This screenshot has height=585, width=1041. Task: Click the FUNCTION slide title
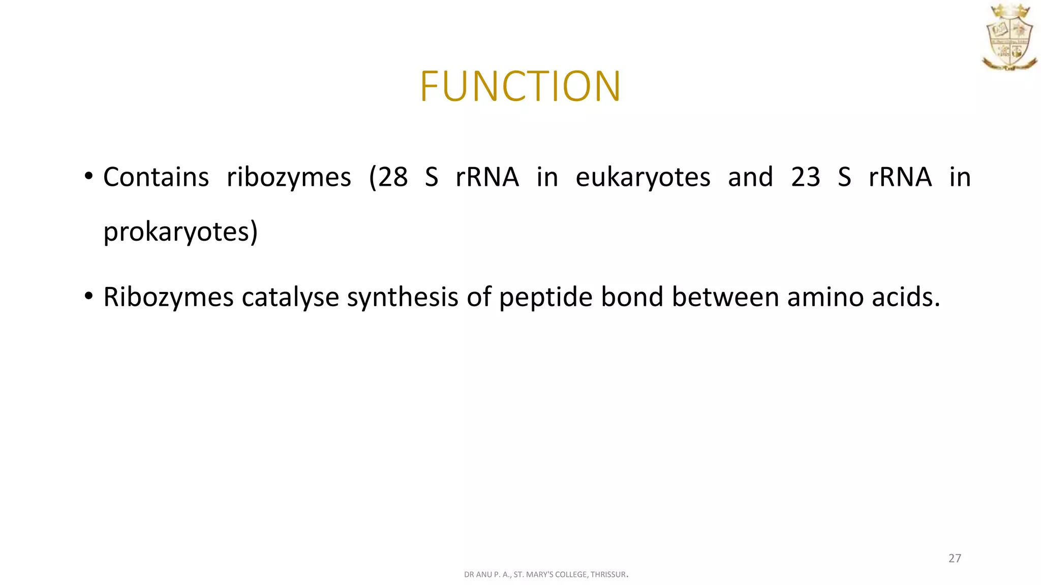(520, 86)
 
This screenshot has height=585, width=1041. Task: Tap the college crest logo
(1009, 37)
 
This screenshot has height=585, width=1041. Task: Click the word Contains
(156, 177)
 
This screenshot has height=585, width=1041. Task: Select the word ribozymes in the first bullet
(289, 177)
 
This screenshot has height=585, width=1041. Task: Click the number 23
(806, 177)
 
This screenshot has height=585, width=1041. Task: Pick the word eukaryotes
(643, 177)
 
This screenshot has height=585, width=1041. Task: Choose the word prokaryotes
(176, 232)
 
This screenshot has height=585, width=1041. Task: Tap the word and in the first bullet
(750, 177)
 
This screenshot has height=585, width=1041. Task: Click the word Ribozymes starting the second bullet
(168, 297)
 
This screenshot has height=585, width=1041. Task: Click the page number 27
(955, 559)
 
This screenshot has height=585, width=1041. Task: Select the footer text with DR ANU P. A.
(546, 575)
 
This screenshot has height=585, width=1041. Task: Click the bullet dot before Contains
(89, 177)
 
